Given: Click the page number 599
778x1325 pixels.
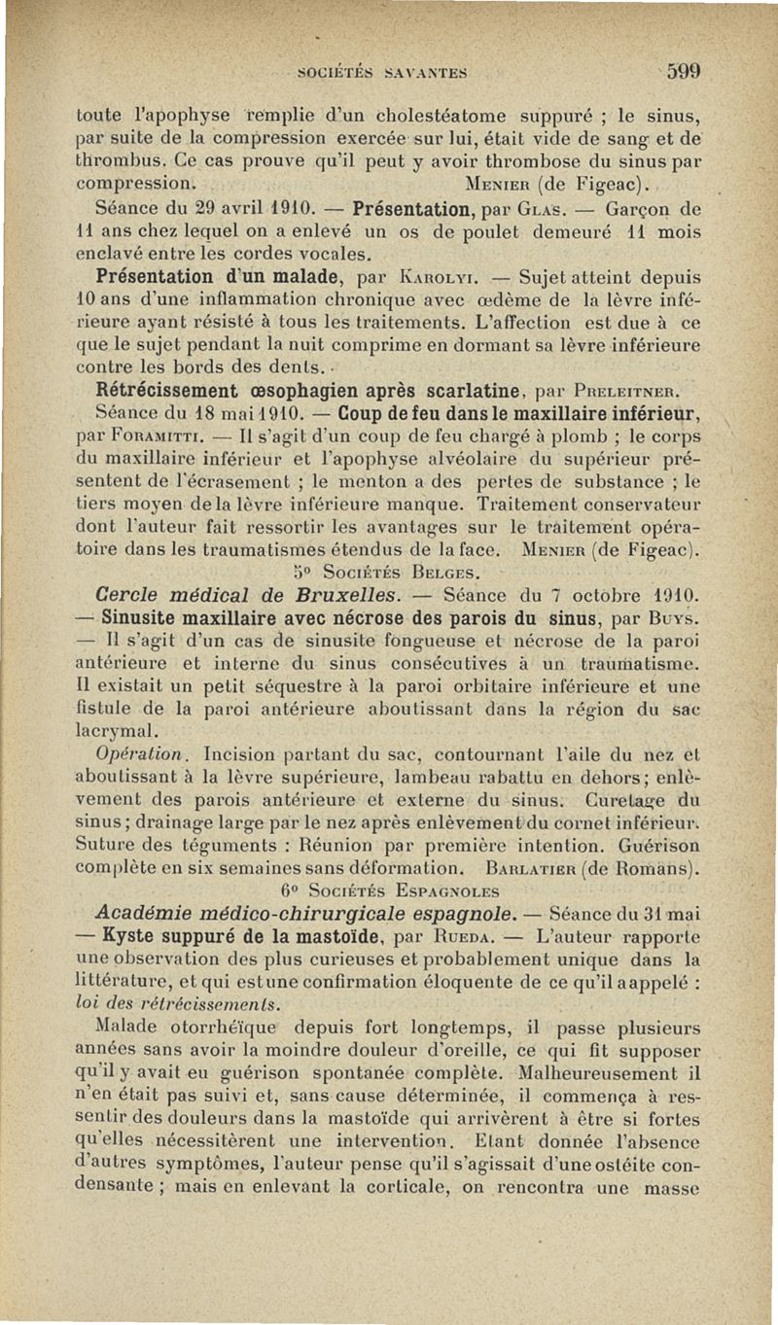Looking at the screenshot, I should (x=685, y=70).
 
